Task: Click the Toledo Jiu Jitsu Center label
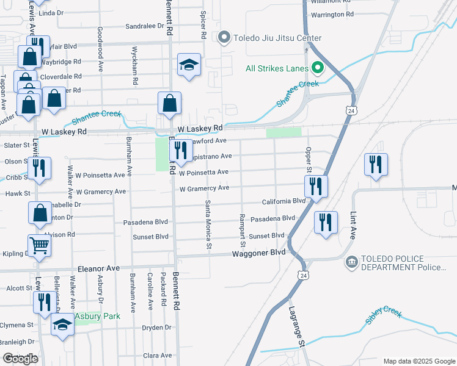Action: tap(275, 38)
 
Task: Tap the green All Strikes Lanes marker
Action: tap(317, 68)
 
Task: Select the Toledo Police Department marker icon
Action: tap(352, 262)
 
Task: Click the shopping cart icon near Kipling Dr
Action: tap(39, 245)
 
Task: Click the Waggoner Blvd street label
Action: tap(258, 252)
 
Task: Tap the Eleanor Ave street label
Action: tap(98, 268)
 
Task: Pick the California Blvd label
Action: tap(283, 201)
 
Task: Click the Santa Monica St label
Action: tap(208, 225)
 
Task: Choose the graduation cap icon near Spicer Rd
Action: tap(189, 64)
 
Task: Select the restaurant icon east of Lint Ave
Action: tap(376, 164)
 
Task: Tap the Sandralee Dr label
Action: tap(145, 27)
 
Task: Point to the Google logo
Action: tap(20, 359)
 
